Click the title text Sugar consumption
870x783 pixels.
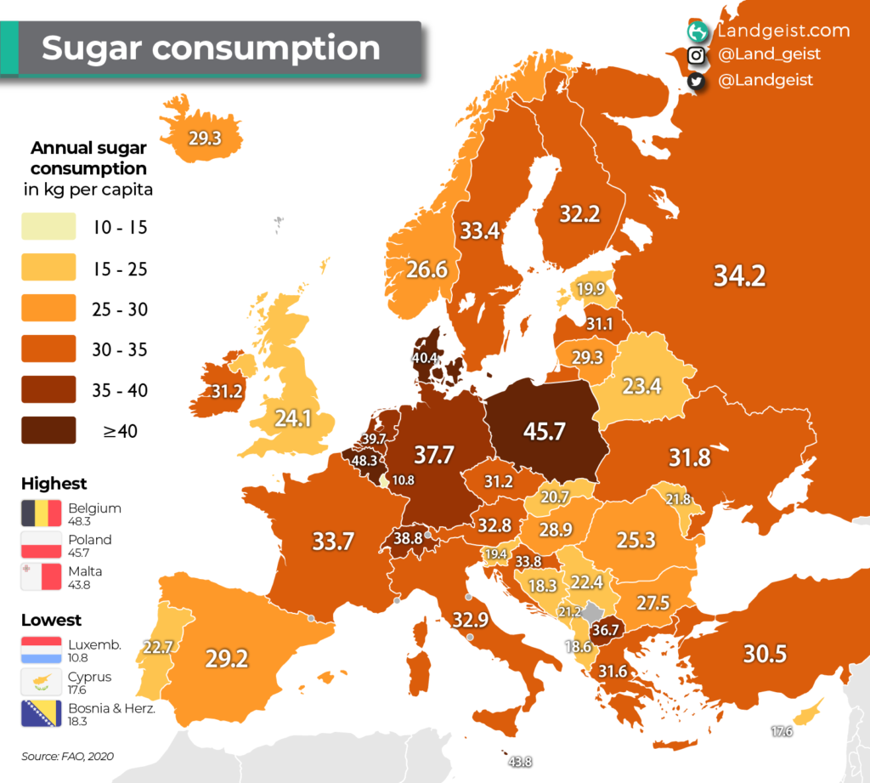tap(211, 48)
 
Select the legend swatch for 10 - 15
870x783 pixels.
tap(48, 228)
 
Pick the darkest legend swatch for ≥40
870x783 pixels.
tap(48, 431)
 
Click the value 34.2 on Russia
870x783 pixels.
tap(739, 276)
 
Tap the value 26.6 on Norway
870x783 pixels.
tap(427, 270)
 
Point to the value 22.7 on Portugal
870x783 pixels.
tap(158, 647)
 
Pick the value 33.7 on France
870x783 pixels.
tap(332, 541)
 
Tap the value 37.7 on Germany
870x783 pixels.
tap(433, 455)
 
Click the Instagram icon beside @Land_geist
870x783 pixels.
tap(697, 56)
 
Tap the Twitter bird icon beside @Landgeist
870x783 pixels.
tap(697, 81)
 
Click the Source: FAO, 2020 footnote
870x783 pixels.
tap(68, 756)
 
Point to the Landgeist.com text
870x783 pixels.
tap(782, 31)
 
